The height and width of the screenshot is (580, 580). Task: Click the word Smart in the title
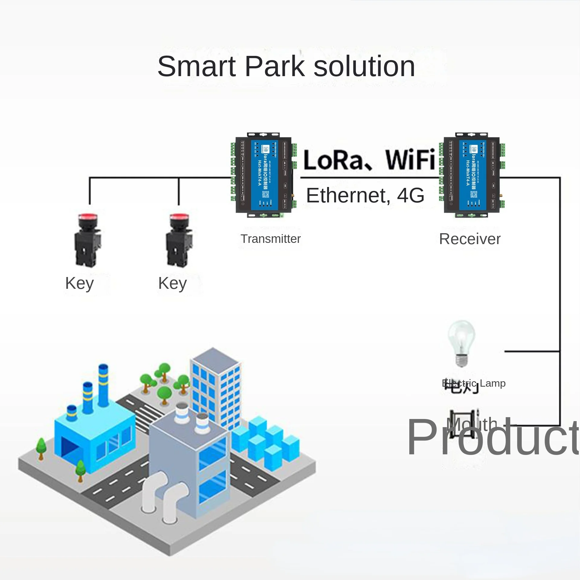(196, 66)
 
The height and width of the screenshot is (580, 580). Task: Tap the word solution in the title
(364, 66)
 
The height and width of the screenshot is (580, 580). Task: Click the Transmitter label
(271, 239)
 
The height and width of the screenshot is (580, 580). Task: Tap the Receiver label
(470, 239)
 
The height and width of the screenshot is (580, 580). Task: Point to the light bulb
(461, 343)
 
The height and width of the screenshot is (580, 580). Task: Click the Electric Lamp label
(474, 383)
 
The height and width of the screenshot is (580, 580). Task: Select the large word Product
(492, 437)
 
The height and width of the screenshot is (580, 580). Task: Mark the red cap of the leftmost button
(88, 217)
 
